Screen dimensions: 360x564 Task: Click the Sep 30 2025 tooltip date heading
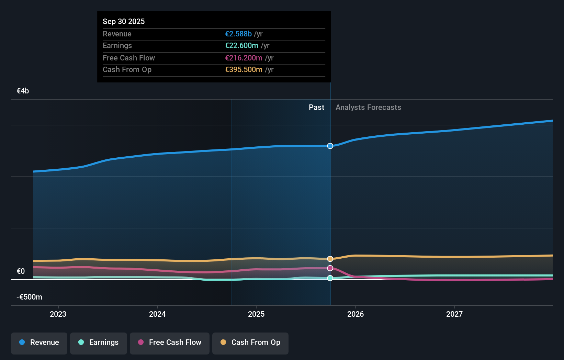[124, 21]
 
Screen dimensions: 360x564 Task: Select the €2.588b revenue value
[238, 34]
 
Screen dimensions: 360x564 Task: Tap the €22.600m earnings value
[241, 46]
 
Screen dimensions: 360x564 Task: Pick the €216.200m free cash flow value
[244, 58]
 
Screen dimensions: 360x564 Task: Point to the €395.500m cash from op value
[244, 70]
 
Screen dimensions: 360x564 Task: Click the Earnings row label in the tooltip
[117, 46]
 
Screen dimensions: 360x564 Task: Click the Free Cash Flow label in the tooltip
[129, 58]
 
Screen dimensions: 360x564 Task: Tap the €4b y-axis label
[23, 91]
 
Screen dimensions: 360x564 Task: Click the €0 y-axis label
[21, 271]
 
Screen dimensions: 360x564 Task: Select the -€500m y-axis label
[29, 297]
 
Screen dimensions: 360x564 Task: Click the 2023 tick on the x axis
[58, 314]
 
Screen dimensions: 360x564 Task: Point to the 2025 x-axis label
[256, 314]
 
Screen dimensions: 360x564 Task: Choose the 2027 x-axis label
[454, 314]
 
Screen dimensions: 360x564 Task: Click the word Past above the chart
[316, 108]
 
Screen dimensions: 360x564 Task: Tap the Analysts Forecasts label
[368, 108]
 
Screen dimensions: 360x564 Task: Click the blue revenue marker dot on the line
[330, 146]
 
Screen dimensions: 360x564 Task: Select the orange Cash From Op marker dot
[330, 259]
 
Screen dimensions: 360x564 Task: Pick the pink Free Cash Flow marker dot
[330, 268]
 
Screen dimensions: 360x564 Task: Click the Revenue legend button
[39, 342]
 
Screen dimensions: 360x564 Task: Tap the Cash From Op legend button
[250, 342]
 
